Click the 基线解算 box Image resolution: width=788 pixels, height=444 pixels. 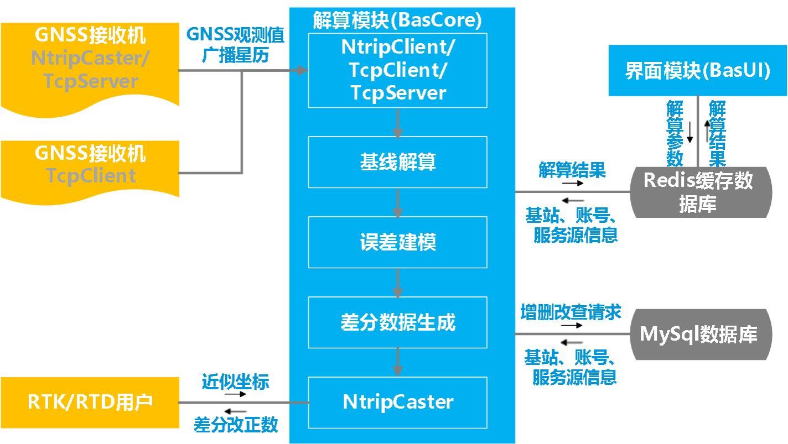pyautogui.click(x=397, y=162)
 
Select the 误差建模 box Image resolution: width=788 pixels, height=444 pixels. pyautogui.click(x=397, y=242)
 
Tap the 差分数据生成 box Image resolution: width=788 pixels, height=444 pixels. pyautogui.click(x=397, y=322)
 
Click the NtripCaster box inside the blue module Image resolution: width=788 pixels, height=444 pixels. pyautogui.click(x=397, y=402)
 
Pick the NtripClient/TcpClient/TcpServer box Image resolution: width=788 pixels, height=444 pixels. pyautogui.click(x=397, y=70)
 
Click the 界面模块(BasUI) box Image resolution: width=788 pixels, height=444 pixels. pyautogui.click(x=697, y=71)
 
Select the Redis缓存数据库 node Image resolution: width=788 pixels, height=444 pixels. pyautogui.click(x=701, y=191)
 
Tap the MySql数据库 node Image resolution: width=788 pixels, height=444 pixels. pyautogui.click(x=701, y=334)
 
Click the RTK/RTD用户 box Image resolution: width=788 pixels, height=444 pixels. pyautogui.click(x=90, y=402)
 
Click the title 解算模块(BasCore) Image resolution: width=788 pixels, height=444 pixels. pyautogui.click(x=397, y=20)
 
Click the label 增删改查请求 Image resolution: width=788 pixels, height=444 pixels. pyautogui.click(x=571, y=312)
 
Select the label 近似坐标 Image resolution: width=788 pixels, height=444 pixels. pyautogui.click(x=235, y=382)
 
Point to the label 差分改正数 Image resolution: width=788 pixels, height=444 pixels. pyautogui.click(x=235, y=425)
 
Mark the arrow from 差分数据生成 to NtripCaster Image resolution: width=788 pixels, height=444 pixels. pyautogui.click(x=397, y=363)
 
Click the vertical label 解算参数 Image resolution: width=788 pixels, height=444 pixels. pyautogui.click(x=675, y=133)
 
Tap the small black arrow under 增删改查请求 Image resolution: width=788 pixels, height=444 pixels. pyautogui.click(x=572, y=325)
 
